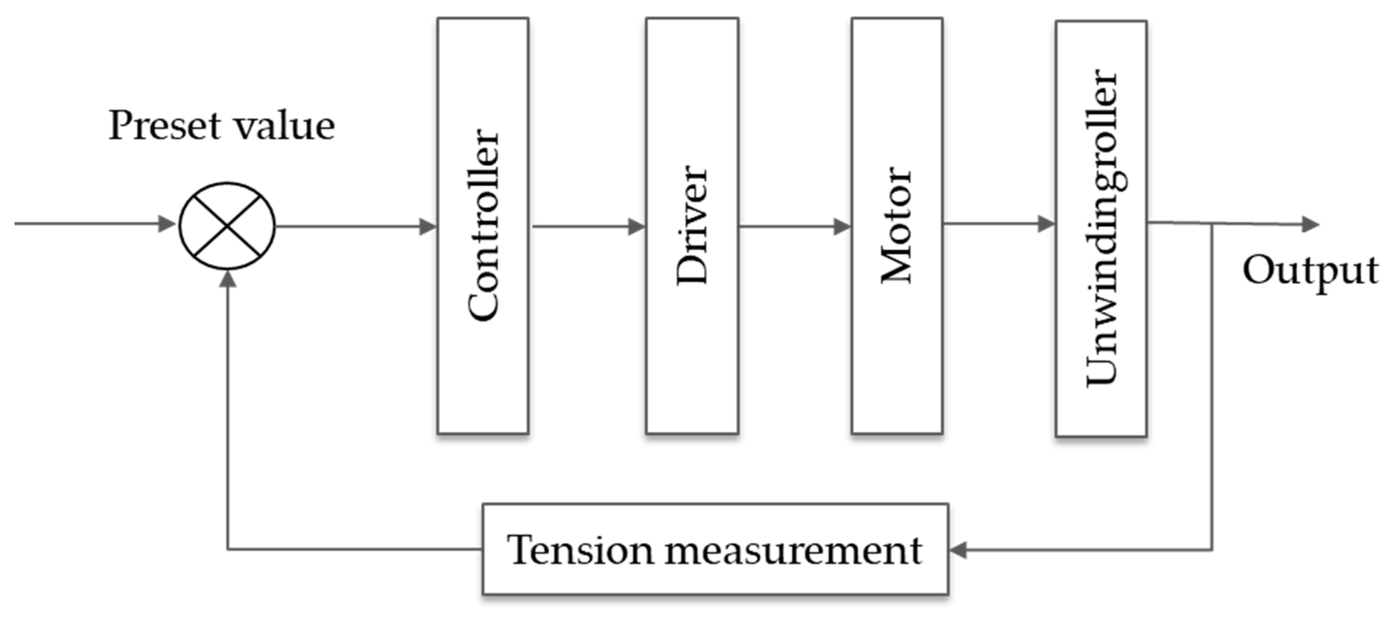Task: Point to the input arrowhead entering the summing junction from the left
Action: pos(167,224)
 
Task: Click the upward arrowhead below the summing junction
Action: pos(228,279)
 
